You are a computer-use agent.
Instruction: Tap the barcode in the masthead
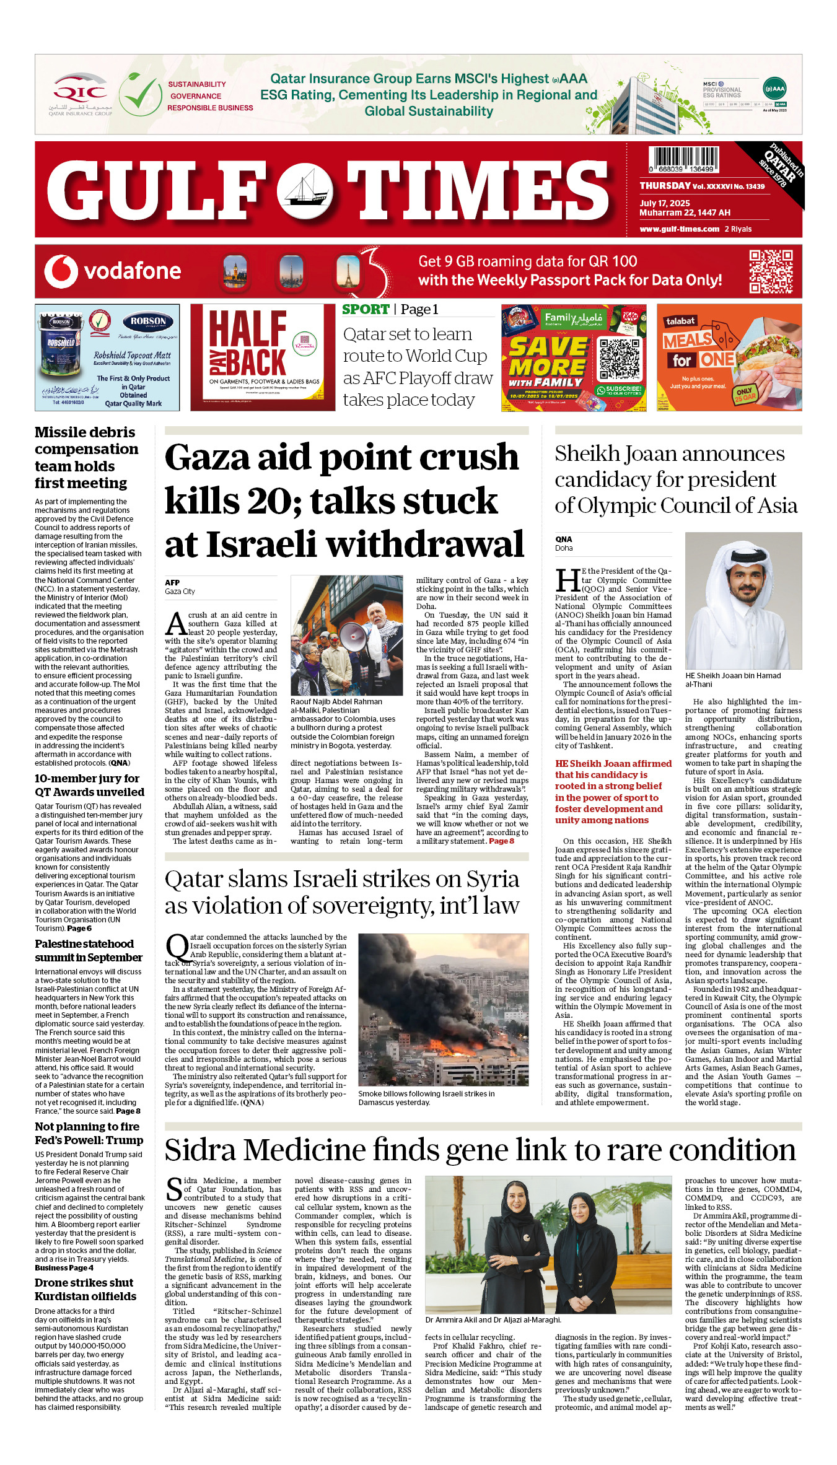tap(683, 160)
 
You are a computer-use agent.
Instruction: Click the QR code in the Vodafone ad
tap(771, 271)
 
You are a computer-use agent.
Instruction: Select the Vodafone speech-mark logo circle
tap(61, 271)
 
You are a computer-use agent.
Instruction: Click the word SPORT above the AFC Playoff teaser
tap(366, 310)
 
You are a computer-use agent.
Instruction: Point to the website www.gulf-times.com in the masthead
tap(679, 229)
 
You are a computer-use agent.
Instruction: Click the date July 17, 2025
tap(664, 203)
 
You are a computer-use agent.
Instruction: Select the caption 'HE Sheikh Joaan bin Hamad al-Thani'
tap(732, 680)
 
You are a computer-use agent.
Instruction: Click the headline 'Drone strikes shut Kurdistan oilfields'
tap(85, 1289)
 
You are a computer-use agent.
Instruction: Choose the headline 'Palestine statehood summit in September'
tap(88, 950)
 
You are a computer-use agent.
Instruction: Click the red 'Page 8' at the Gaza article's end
tap(501, 841)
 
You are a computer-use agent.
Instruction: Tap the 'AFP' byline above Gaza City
tap(172, 582)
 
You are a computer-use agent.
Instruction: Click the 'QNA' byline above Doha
tap(563, 539)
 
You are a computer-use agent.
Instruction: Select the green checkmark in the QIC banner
tap(141, 94)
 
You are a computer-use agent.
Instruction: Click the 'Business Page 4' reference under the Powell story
tap(64, 1267)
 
